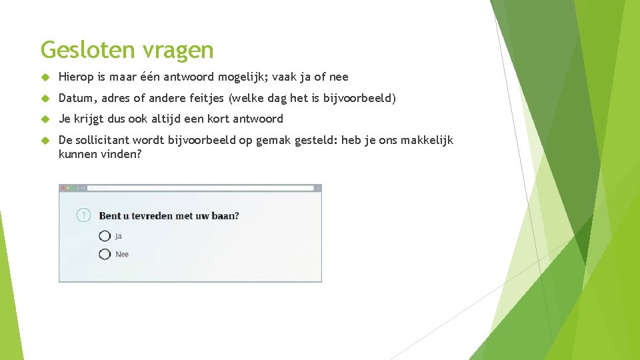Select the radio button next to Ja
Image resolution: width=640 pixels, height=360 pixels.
click(x=105, y=236)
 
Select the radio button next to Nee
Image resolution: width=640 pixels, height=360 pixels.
click(x=105, y=254)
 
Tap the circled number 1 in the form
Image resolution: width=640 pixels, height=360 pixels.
click(x=83, y=215)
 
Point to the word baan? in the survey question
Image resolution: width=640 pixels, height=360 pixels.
click(x=225, y=215)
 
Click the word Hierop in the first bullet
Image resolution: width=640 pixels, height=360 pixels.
click(x=75, y=77)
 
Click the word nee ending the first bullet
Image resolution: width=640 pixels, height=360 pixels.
click(x=339, y=77)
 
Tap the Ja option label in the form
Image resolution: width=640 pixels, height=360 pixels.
click(x=118, y=236)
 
